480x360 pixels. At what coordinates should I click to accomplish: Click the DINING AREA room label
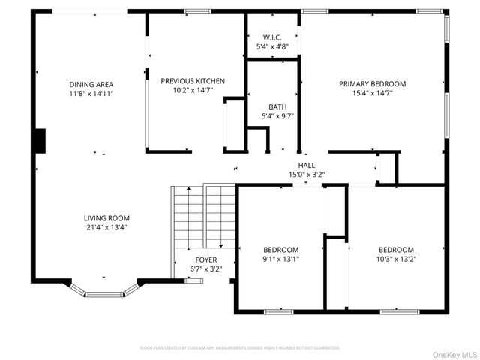pos(91,84)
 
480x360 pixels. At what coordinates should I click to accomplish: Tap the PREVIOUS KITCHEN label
pos(193,81)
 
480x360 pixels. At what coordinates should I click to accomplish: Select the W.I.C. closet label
pos(272,37)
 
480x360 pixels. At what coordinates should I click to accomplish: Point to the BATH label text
pos(272,106)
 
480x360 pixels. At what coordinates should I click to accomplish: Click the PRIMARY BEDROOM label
pos(372,84)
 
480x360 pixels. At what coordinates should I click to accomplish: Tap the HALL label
pos(307,166)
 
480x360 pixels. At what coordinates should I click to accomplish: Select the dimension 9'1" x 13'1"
pos(280,259)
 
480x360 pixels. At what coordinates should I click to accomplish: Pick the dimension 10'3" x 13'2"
pos(395,259)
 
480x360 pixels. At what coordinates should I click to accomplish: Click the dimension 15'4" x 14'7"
pos(372,93)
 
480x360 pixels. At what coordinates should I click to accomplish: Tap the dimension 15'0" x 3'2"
pos(307,175)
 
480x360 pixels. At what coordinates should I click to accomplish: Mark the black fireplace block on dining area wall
pos(40,140)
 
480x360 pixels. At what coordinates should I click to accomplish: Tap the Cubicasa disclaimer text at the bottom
pos(240,348)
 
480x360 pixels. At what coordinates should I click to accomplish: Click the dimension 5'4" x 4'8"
pos(272,46)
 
